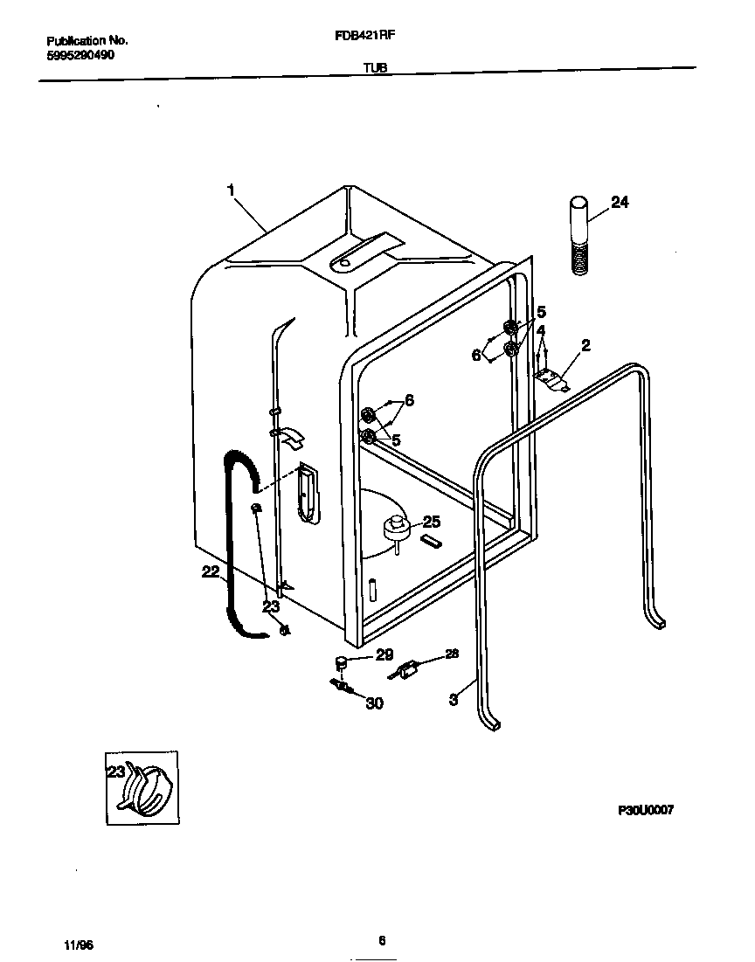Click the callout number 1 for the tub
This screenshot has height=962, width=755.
232,188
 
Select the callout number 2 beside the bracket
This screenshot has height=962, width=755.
585,345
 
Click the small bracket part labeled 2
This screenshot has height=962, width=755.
551,377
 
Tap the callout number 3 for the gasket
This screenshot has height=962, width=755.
453,699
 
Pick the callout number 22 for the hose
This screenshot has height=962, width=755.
211,571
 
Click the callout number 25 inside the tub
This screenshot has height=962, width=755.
431,522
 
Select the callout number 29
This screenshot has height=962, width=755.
384,654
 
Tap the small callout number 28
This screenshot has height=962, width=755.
451,653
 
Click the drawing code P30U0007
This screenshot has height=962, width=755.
645,810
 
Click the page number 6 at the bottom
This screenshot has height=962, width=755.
382,940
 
